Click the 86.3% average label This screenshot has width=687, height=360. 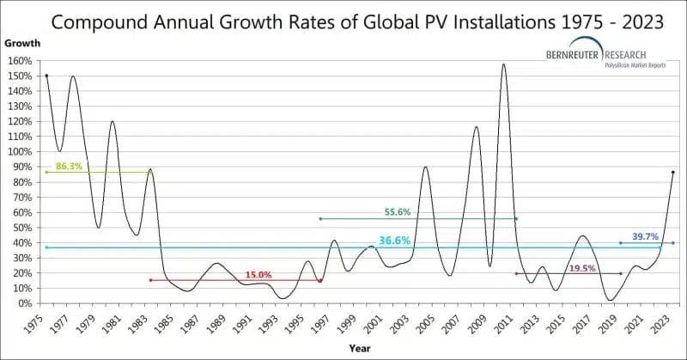tap(69, 166)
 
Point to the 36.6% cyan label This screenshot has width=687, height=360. tap(395, 241)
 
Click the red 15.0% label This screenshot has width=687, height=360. tap(258, 275)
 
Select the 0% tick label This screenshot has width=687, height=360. tap(26, 303)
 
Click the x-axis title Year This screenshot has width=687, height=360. tap(360, 348)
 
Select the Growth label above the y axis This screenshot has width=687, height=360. tap(21, 42)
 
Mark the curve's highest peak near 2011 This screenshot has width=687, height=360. tap(503, 64)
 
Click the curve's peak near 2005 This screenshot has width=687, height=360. tap(426, 167)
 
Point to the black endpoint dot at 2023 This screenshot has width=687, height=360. tap(672, 173)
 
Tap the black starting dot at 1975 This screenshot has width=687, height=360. tap(46, 76)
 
